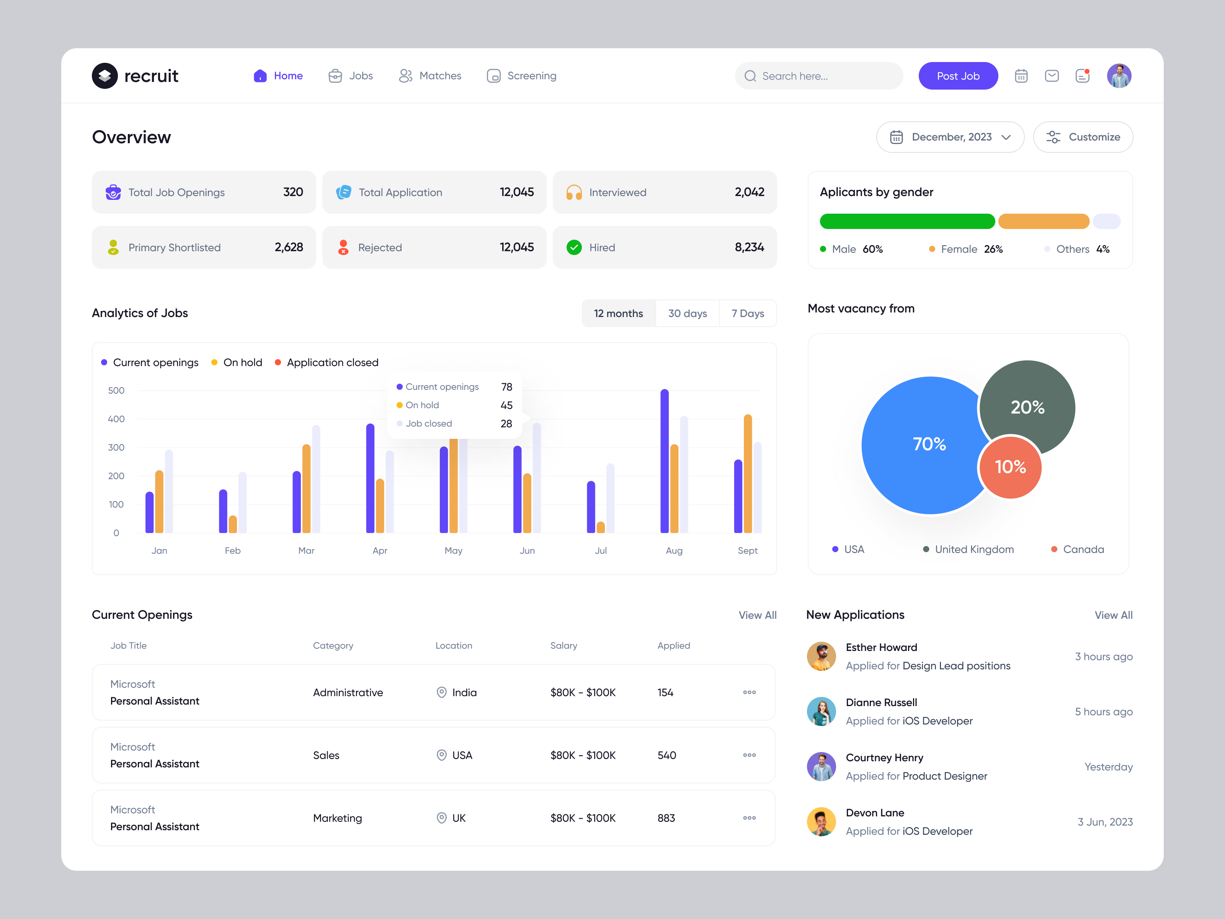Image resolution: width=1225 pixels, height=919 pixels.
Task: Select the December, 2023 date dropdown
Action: pos(950,137)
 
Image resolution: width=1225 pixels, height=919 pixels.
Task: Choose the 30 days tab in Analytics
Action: pos(687,314)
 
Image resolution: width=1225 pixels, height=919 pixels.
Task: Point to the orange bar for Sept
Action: pos(748,474)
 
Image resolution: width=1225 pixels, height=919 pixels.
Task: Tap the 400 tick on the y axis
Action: pos(116,419)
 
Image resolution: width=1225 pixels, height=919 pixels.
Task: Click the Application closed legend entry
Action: pos(332,362)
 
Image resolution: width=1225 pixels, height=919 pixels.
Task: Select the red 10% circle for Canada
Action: pos(1010,467)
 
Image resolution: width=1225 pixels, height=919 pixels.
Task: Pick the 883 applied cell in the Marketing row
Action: pos(666,818)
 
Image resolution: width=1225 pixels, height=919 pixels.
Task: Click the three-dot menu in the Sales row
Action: pos(749,755)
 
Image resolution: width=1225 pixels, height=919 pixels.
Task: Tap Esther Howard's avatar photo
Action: pos(821,656)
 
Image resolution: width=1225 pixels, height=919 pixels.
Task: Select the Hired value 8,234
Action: pos(749,248)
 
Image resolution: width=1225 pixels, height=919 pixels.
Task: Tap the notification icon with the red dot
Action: pos(1082,76)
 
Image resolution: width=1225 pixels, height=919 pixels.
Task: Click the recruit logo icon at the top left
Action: pos(105,76)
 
